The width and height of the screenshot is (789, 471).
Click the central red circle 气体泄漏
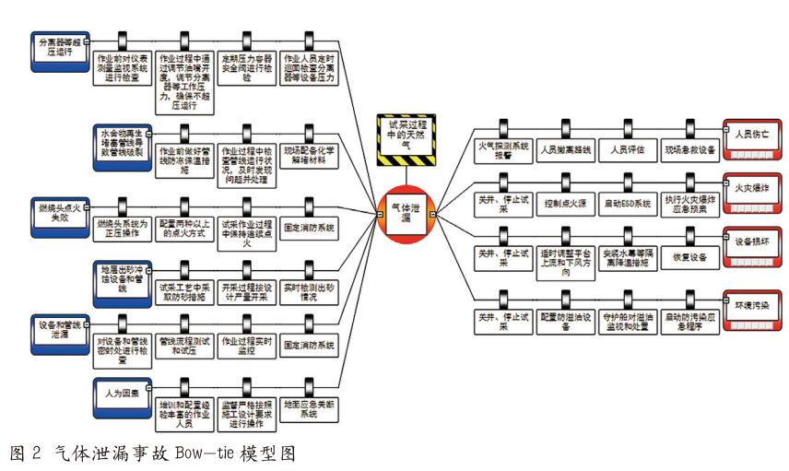point(402,213)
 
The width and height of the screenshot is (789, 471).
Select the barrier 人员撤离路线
point(564,148)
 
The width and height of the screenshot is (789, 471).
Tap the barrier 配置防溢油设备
point(564,322)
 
